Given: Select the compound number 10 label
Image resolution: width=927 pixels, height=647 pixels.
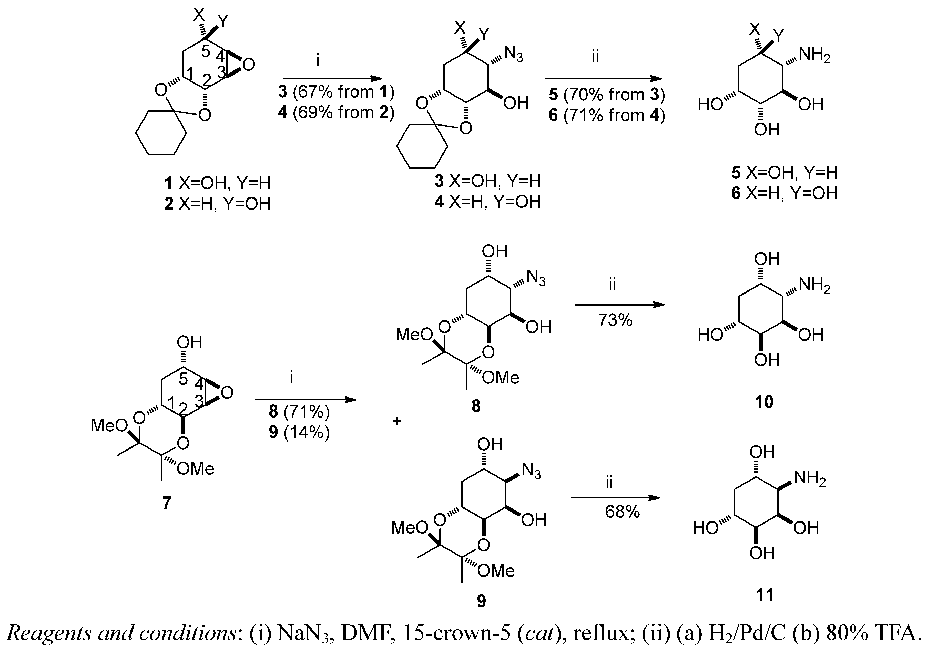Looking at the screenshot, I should [x=764, y=402].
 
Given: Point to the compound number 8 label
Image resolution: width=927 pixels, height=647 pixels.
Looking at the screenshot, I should [x=476, y=406].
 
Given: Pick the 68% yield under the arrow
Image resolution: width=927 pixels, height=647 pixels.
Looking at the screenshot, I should [x=622, y=512].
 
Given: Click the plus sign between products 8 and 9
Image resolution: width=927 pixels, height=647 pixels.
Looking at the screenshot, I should [x=397, y=421].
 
